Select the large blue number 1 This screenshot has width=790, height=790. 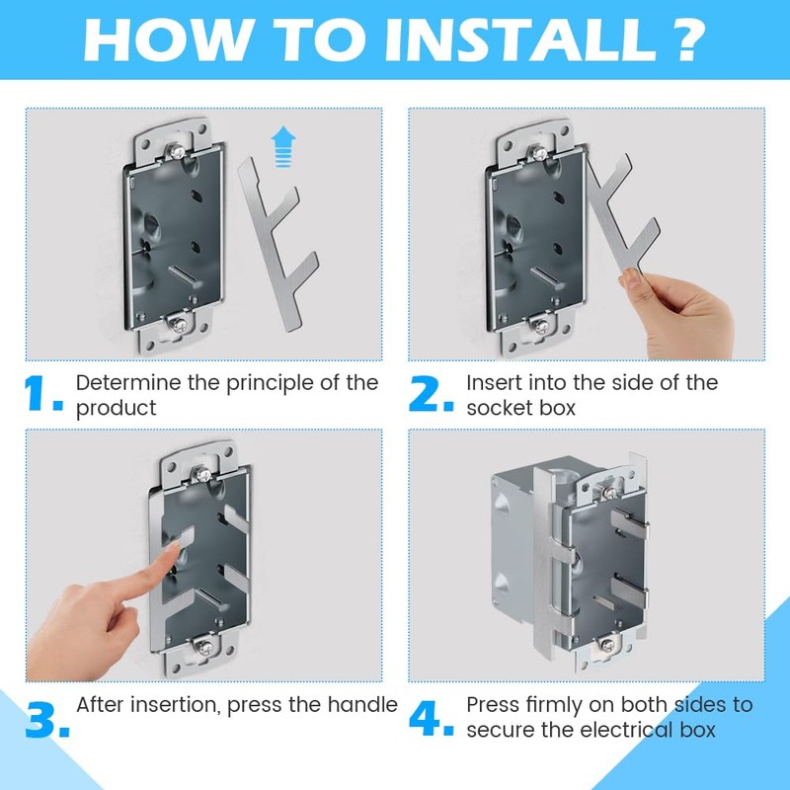pyautogui.click(x=42, y=395)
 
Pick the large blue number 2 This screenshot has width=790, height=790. pyautogui.click(x=432, y=395)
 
